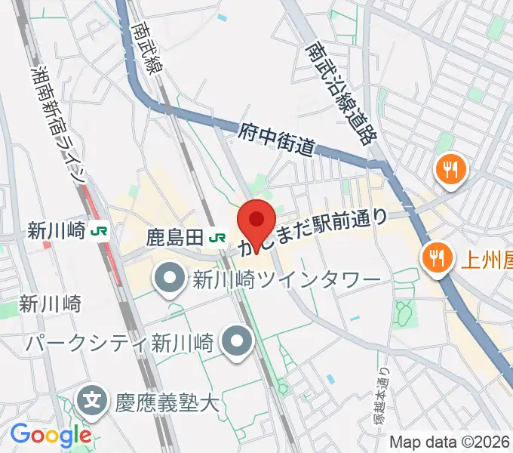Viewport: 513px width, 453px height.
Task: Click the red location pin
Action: click(x=256, y=221)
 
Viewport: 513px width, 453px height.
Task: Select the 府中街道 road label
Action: click(x=276, y=140)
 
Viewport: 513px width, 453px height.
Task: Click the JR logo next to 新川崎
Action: click(x=98, y=231)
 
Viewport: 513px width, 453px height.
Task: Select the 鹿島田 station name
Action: click(x=174, y=237)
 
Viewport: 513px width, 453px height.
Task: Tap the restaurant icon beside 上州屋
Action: click(x=436, y=257)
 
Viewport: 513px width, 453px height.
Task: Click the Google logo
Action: click(x=51, y=436)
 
